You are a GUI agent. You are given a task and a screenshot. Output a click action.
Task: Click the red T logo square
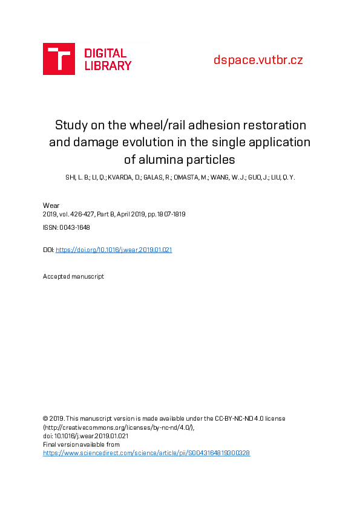point(59,59)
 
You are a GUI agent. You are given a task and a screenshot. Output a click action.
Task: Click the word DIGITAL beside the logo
point(105,53)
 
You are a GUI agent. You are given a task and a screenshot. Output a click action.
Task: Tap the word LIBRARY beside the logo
point(108,65)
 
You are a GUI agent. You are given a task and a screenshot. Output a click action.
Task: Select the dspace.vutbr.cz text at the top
point(258,60)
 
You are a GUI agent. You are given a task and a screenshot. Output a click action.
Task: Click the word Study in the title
point(70,125)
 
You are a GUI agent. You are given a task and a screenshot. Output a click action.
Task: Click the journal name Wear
point(51,206)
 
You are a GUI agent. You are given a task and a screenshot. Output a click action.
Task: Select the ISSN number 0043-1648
point(75,227)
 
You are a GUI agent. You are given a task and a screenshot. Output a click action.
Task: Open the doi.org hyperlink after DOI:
point(114,250)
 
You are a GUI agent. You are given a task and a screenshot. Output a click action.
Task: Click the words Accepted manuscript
point(73,276)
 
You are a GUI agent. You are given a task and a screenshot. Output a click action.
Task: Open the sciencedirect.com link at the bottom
point(146,452)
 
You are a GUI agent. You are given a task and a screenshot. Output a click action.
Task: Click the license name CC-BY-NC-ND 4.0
point(236,418)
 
